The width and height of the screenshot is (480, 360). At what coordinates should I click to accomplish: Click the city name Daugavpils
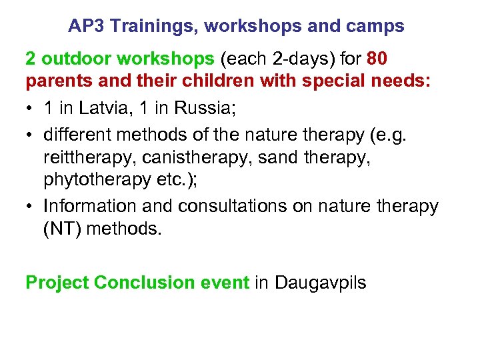click(319, 283)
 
